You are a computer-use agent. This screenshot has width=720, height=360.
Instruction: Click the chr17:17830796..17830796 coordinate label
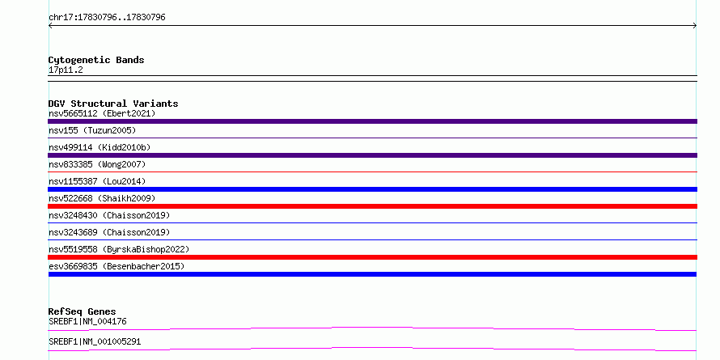coord(107,18)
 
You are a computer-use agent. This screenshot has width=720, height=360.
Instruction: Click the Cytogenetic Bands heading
coord(96,60)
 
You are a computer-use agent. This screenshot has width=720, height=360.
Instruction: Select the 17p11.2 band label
coord(66,70)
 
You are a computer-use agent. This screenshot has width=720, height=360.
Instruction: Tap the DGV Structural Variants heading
coord(113,104)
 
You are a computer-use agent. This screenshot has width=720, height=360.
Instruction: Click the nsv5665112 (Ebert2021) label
coord(102,113)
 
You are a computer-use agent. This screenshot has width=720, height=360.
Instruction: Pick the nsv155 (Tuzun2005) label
coord(92,130)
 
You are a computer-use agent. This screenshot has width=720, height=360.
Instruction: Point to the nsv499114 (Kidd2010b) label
coord(100,147)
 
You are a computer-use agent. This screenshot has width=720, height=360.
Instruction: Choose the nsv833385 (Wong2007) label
coord(97,164)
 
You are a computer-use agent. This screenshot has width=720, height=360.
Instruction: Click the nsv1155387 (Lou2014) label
coord(97,181)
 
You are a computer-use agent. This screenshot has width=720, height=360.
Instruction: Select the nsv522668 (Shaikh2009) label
coord(102,198)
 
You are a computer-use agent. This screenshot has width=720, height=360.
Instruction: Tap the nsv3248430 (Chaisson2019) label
coord(109,215)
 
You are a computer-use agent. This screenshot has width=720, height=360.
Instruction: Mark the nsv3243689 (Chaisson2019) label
coord(109,232)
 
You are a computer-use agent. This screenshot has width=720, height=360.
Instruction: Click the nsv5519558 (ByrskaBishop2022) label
coord(119,249)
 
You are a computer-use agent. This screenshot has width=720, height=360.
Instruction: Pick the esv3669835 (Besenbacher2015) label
coord(116,266)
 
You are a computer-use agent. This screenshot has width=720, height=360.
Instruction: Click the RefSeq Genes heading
coord(83,311)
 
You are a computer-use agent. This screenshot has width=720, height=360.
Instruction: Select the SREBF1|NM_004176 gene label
coord(87,321)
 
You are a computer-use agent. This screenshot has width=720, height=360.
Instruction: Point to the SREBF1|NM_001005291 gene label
coord(95,341)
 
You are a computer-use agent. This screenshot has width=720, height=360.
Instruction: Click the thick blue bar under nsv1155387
coord(372,189)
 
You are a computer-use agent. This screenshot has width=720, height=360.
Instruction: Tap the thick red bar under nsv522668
coord(372,206)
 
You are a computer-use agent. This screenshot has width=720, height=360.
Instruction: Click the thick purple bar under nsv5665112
coord(372,121)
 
